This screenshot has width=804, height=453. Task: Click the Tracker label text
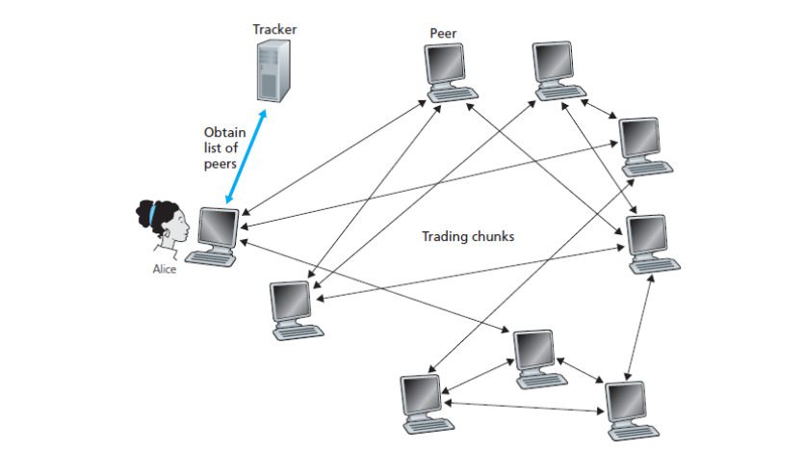pos(274,29)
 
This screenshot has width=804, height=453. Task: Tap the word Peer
pos(443,34)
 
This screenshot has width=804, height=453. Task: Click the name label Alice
pos(165,270)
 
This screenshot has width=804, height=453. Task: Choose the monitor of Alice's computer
pos(217,228)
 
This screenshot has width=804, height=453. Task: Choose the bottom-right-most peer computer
pos(626,404)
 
